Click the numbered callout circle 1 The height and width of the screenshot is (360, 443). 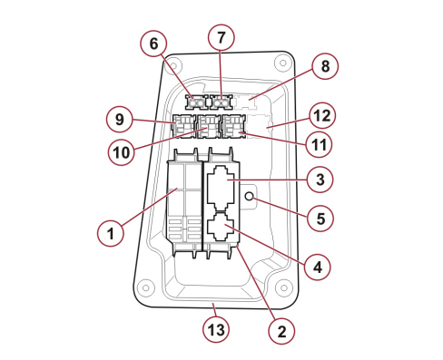point(111,233)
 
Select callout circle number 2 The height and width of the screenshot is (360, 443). point(281,332)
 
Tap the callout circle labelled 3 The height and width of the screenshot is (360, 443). point(320,180)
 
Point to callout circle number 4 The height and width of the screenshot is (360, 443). point(318,268)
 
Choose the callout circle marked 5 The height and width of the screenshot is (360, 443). point(320,219)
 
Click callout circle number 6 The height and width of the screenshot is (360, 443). point(153,44)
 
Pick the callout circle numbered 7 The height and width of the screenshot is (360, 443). point(221,37)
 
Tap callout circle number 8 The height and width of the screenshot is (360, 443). point(325,66)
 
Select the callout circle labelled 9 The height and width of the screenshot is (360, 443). point(120,120)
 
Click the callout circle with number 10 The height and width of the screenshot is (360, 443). point(121,152)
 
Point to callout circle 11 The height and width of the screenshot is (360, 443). point(319,145)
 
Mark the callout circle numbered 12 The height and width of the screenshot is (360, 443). point(322,116)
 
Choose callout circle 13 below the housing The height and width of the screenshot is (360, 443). point(216,330)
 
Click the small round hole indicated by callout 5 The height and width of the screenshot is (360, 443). point(250,197)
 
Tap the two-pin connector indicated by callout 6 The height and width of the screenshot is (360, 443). point(197,102)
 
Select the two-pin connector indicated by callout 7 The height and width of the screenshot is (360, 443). point(221,102)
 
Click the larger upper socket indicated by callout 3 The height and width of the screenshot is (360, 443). point(221,188)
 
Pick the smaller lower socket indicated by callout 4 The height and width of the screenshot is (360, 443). point(221,227)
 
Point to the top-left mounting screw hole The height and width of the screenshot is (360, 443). point(173,66)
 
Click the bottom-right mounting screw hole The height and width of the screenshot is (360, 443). point(283,287)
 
